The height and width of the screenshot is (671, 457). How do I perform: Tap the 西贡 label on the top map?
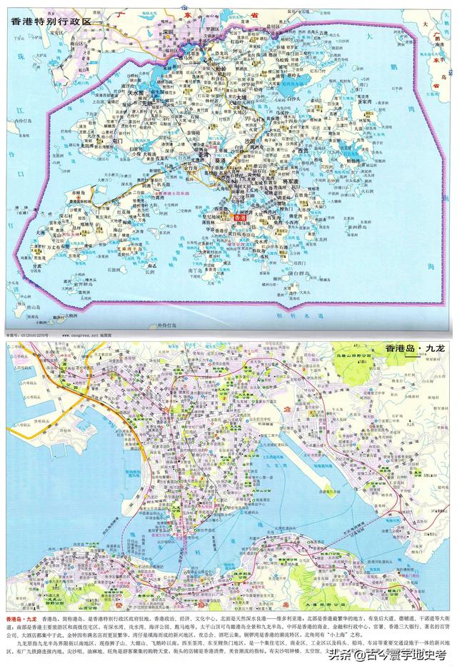point(303,151)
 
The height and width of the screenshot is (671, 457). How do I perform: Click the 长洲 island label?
point(150,272)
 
